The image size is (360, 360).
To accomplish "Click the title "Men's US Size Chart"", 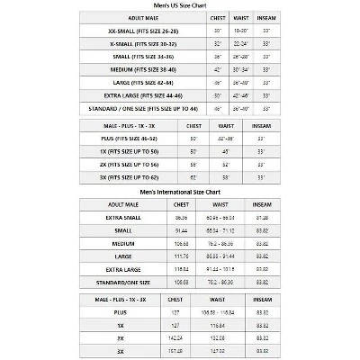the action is [x=180, y=4].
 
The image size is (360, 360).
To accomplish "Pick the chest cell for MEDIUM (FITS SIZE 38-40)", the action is [x=217, y=69].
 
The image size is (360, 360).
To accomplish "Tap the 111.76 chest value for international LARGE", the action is [x=181, y=256].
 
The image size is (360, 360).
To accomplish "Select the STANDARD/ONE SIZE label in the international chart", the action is [x=127, y=282].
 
